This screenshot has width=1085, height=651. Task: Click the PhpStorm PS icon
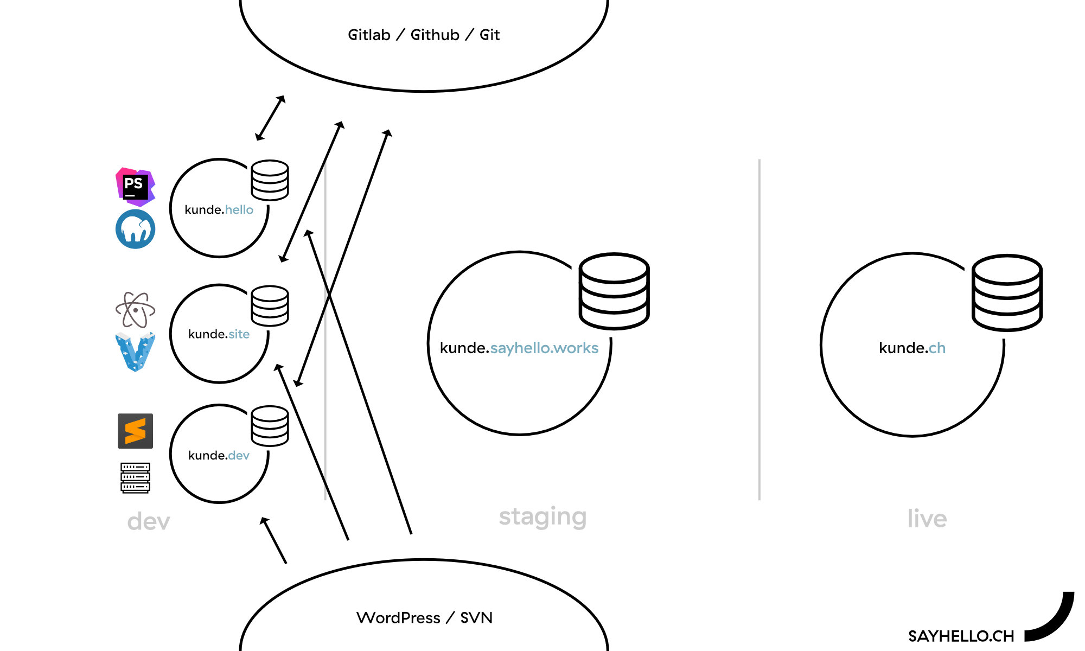click(x=135, y=187)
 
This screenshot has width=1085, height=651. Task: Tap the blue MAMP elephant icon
click(x=135, y=229)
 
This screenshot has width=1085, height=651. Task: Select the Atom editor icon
click(x=135, y=309)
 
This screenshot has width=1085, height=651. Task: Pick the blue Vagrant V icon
click(x=135, y=352)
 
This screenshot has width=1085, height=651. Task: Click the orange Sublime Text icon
click(x=135, y=431)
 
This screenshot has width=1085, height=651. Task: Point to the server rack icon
click(x=135, y=477)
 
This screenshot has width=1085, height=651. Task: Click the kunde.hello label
click(x=219, y=210)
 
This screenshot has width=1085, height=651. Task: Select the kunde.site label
click(x=219, y=334)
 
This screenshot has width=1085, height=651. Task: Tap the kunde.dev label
click(x=219, y=455)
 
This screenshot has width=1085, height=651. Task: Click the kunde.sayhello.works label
click(x=519, y=348)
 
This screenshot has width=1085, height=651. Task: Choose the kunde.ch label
click(x=912, y=348)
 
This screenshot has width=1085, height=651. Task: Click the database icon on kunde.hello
click(x=270, y=180)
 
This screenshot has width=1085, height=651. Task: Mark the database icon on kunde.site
click(x=270, y=305)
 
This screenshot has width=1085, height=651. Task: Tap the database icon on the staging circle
click(x=614, y=291)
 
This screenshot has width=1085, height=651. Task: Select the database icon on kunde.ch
click(x=1007, y=293)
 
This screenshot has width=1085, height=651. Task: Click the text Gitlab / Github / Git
click(x=423, y=35)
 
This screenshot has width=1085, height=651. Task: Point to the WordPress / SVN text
click(x=424, y=618)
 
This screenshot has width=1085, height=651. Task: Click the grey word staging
click(x=542, y=517)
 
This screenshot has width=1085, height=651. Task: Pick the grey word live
click(x=927, y=519)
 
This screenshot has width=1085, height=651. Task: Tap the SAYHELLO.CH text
click(x=961, y=636)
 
